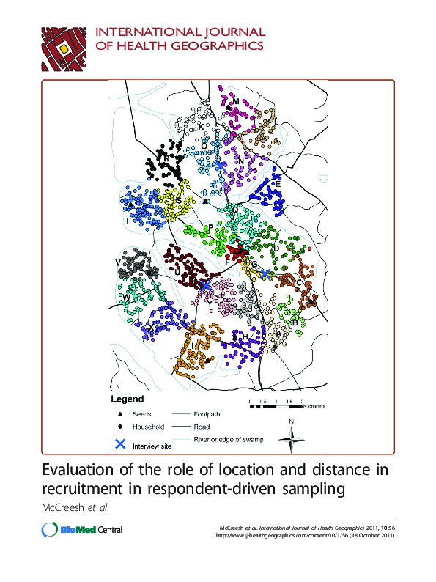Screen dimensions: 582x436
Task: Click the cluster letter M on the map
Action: click(236, 101)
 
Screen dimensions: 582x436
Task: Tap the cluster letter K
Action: click(201, 127)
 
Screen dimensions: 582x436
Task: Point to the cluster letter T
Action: click(128, 220)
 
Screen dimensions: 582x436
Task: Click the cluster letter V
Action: click(117, 262)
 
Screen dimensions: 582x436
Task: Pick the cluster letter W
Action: click(126, 297)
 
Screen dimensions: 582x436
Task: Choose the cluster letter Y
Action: click(209, 301)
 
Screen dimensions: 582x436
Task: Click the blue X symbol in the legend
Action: click(121, 443)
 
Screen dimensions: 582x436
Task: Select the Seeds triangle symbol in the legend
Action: click(120, 415)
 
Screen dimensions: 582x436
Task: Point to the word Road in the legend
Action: click(202, 427)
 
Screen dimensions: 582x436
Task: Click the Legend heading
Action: click(127, 399)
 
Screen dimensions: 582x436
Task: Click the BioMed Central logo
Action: click(82, 530)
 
